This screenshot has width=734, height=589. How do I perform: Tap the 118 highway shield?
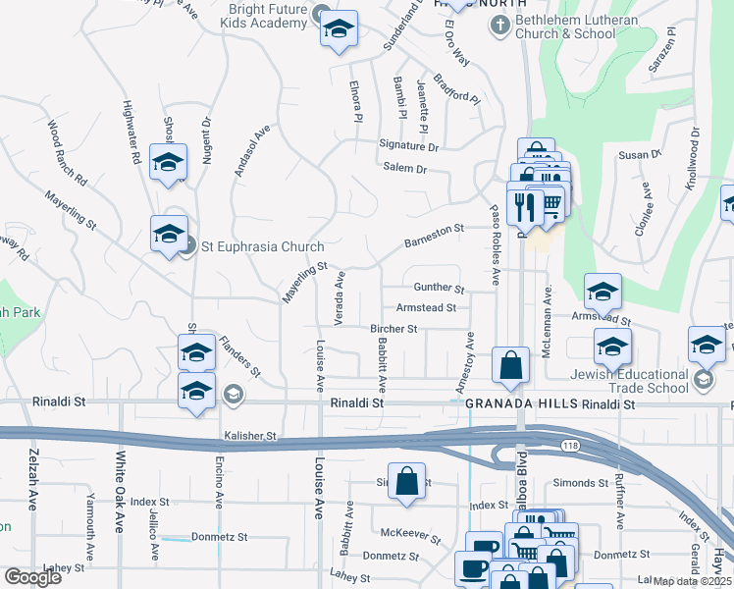click(569, 446)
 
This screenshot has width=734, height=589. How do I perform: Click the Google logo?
click(31, 576)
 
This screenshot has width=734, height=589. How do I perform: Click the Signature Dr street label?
click(408, 146)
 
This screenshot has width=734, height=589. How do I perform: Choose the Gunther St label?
click(439, 288)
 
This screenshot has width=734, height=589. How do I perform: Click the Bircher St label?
click(394, 329)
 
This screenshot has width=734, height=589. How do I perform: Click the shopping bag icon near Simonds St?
click(406, 481)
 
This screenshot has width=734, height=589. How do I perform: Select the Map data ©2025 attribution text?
click(692, 581)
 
